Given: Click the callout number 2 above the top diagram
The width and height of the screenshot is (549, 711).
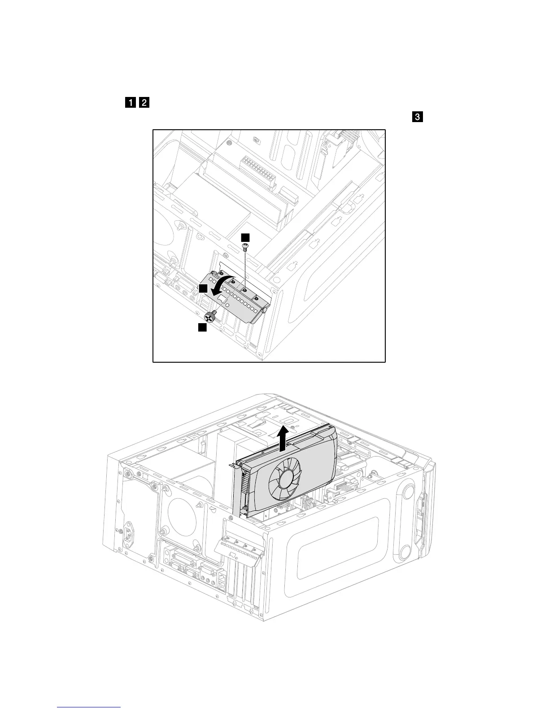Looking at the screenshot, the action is (144, 103).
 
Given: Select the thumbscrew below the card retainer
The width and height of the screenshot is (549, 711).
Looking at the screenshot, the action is (210, 315).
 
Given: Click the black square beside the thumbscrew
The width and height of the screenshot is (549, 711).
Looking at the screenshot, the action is (202, 328).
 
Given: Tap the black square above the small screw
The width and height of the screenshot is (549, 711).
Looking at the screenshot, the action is (245, 237).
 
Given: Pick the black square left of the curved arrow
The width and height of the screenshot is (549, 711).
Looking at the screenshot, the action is (203, 289).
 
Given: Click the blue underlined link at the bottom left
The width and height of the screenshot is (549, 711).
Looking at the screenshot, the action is (89, 707).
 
